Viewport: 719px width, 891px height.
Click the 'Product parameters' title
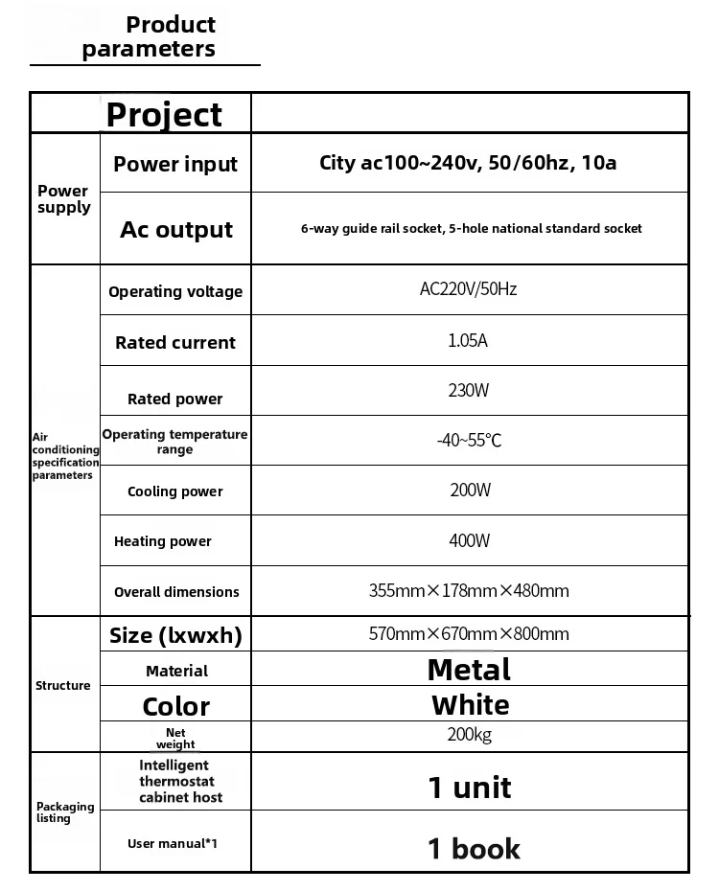click(149, 36)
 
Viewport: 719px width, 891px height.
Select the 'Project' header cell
click(164, 114)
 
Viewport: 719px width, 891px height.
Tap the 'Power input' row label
click(175, 164)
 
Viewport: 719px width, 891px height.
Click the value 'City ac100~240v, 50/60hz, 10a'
click(468, 163)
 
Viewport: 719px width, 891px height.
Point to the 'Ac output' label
click(176, 230)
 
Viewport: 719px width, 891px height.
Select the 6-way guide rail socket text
click(471, 229)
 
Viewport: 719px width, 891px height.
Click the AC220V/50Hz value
click(468, 289)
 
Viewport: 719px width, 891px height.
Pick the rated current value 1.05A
click(468, 340)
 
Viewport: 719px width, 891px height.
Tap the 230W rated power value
click(469, 391)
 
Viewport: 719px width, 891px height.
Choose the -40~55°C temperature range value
click(469, 441)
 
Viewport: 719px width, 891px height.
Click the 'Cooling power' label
click(175, 491)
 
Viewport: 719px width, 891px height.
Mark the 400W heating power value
click(469, 541)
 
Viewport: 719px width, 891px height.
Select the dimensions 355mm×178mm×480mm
click(469, 591)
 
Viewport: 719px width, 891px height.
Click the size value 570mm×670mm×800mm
click(469, 634)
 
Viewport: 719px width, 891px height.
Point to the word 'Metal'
click(469, 670)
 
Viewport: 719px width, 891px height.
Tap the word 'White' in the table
click(470, 705)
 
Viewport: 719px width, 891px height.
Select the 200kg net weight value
click(469, 736)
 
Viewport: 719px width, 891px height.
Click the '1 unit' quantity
click(469, 788)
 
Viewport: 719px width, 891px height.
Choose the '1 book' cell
click(474, 848)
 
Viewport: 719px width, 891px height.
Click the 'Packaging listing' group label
click(65, 812)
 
